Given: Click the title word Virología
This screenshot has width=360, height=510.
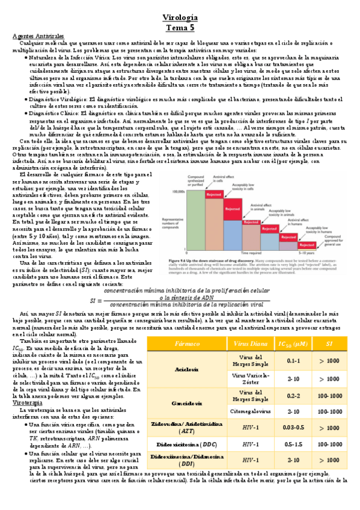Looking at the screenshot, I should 180,17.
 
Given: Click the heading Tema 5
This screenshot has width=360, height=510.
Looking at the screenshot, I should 180,28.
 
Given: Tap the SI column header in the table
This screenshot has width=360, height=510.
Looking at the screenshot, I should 329,344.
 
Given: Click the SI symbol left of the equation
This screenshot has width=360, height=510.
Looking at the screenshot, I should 94,283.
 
